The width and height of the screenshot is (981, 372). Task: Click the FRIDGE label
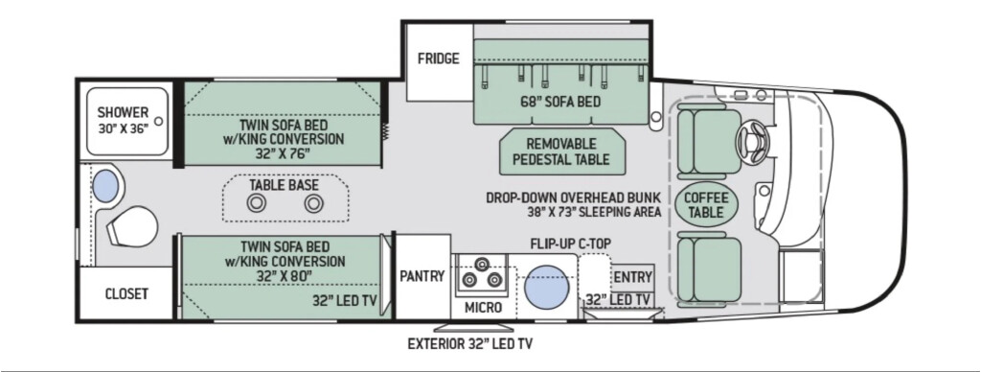[x=439, y=58]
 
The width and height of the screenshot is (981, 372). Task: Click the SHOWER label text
[x=124, y=113]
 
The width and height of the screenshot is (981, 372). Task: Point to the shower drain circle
[x=159, y=121]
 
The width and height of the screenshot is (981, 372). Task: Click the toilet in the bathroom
[x=130, y=226]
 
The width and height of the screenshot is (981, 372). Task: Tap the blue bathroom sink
[x=105, y=186]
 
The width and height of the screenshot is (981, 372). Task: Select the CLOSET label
[x=126, y=293]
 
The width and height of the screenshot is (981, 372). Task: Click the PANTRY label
[x=422, y=275]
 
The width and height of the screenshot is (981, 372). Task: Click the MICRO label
[x=483, y=308]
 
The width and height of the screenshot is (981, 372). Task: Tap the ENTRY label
[x=633, y=277]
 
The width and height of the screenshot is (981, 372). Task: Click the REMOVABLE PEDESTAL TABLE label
[x=561, y=151]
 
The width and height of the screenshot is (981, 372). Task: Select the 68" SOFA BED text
[x=559, y=102]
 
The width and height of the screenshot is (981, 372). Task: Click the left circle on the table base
[x=256, y=203]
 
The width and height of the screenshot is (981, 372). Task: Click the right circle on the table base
[x=313, y=203]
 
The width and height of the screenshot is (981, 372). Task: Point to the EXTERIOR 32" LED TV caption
[x=469, y=344]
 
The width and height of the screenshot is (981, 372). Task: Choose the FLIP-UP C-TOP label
[x=570, y=244]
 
